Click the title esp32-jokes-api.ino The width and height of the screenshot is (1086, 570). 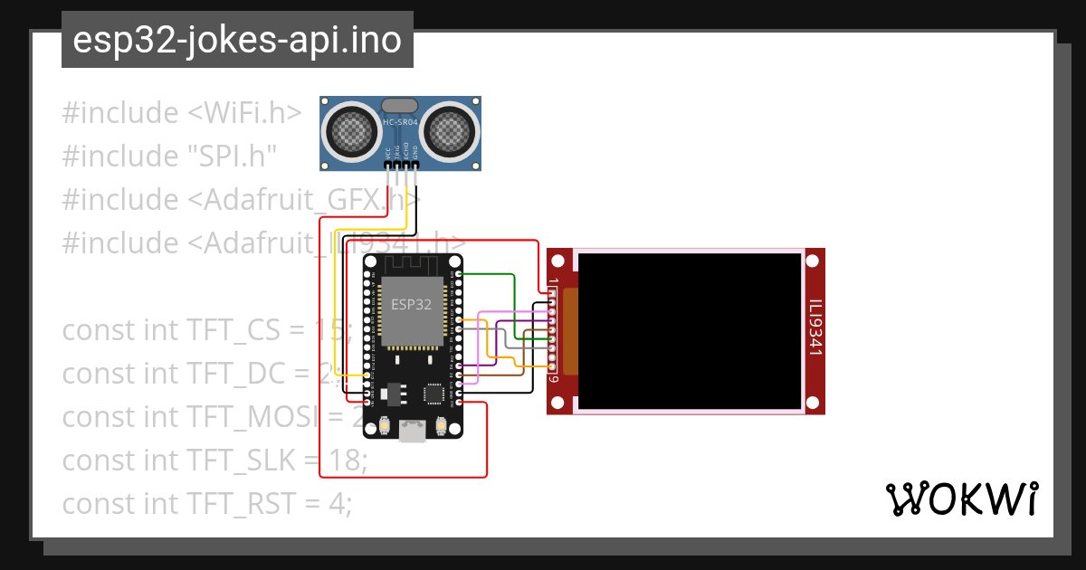(237, 41)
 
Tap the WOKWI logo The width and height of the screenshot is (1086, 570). (960, 499)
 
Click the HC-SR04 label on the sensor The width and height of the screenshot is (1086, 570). (400, 122)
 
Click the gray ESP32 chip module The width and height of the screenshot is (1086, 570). (411, 311)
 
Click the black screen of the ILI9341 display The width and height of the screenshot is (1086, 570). (690, 330)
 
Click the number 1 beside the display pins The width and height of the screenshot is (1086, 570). (552, 284)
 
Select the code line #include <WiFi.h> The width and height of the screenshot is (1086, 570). (182, 113)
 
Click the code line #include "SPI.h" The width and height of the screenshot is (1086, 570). (169, 156)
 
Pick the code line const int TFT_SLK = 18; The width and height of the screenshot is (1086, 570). (214, 461)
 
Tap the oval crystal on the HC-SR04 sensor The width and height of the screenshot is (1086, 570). (400, 106)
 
